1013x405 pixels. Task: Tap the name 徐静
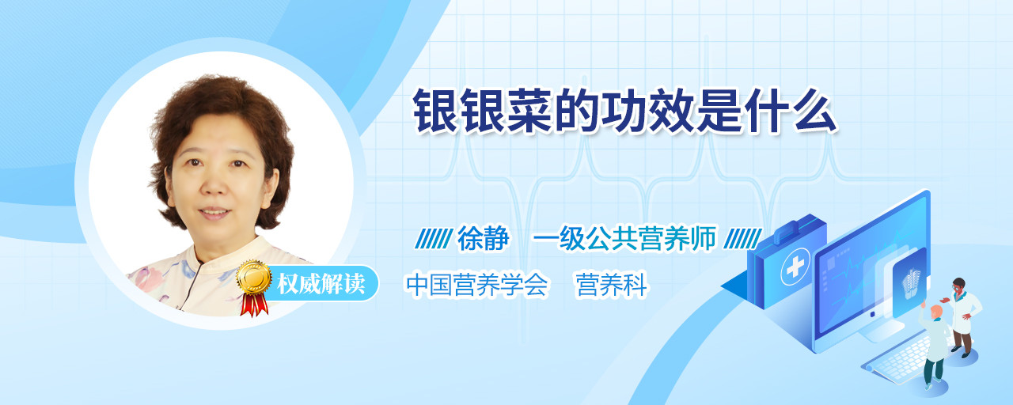click(483, 238)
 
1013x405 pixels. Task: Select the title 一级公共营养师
click(624, 238)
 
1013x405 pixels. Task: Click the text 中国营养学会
click(477, 285)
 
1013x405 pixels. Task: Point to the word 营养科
click(612, 285)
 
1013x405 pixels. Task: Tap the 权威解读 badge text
click(321, 283)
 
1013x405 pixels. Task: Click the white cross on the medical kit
click(795, 267)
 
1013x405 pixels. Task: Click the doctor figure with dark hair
click(963, 317)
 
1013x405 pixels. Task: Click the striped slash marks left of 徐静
click(434, 239)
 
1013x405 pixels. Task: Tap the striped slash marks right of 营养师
click(742, 239)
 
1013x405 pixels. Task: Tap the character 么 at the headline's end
click(815, 112)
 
